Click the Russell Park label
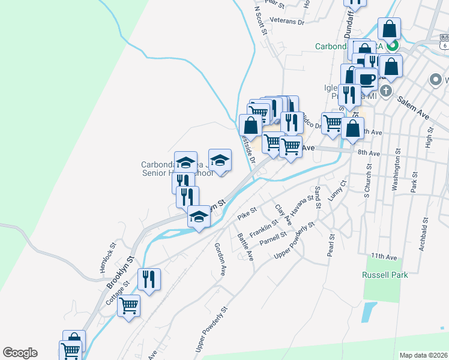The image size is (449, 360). (385, 275)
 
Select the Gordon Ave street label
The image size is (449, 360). (220, 259)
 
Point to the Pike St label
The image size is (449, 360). (247, 212)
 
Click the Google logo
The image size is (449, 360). (20, 353)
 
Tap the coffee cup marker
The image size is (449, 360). (366, 79)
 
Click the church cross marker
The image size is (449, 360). (385, 90)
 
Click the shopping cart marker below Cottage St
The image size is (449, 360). (129, 305)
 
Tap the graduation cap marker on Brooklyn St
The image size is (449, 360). (199, 217)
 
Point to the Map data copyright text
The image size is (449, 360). (423, 355)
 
